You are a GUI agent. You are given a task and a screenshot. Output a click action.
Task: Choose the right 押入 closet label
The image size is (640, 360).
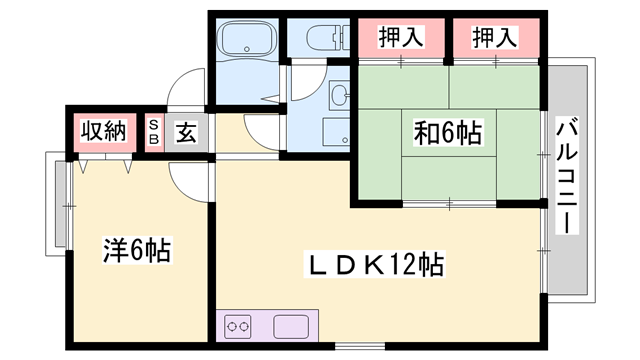[x=495, y=38]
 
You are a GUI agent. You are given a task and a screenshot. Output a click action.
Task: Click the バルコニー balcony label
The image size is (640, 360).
[x=569, y=174]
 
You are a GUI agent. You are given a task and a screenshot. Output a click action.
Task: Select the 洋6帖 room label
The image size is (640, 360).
[x=137, y=249]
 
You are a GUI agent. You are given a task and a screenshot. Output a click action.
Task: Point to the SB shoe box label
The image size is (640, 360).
[x=154, y=132]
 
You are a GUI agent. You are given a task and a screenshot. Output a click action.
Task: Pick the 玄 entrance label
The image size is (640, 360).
[x=187, y=132]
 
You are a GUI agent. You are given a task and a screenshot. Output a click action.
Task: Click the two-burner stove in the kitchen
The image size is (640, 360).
[x=237, y=325]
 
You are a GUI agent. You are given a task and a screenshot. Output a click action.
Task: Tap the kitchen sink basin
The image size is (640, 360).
[x=290, y=325]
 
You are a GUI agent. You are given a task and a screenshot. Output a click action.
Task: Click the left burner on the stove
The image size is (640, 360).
[x=230, y=325]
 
